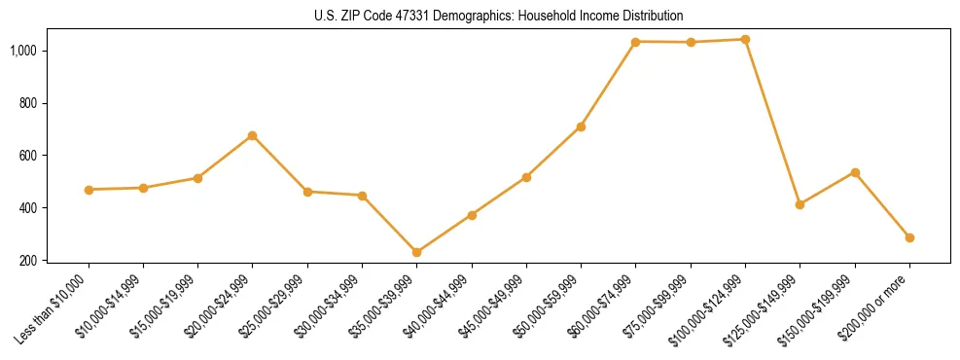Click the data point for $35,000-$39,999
(x=417, y=252)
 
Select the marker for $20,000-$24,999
(x=253, y=135)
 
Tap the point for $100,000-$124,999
(x=745, y=40)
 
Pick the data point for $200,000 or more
(x=909, y=237)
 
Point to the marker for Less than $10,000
(x=89, y=190)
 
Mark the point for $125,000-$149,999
(x=800, y=204)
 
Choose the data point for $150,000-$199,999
(x=855, y=172)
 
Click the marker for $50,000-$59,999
(x=581, y=126)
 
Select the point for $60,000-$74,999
(x=636, y=42)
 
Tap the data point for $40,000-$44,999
(x=472, y=214)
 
